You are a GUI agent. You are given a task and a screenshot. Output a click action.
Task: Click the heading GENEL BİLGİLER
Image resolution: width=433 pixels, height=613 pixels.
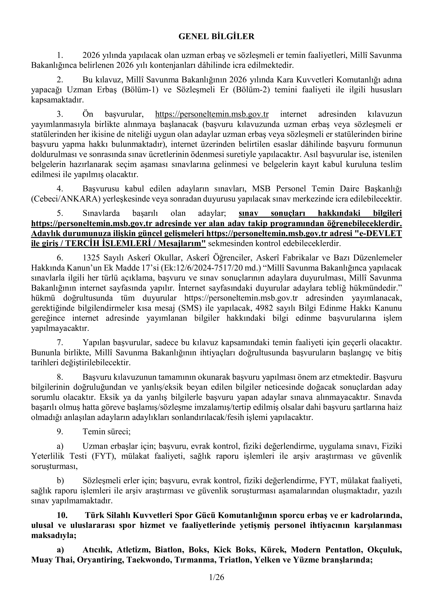point(216,37)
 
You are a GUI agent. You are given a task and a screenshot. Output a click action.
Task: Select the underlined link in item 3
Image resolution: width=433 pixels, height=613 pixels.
point(212,114)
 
